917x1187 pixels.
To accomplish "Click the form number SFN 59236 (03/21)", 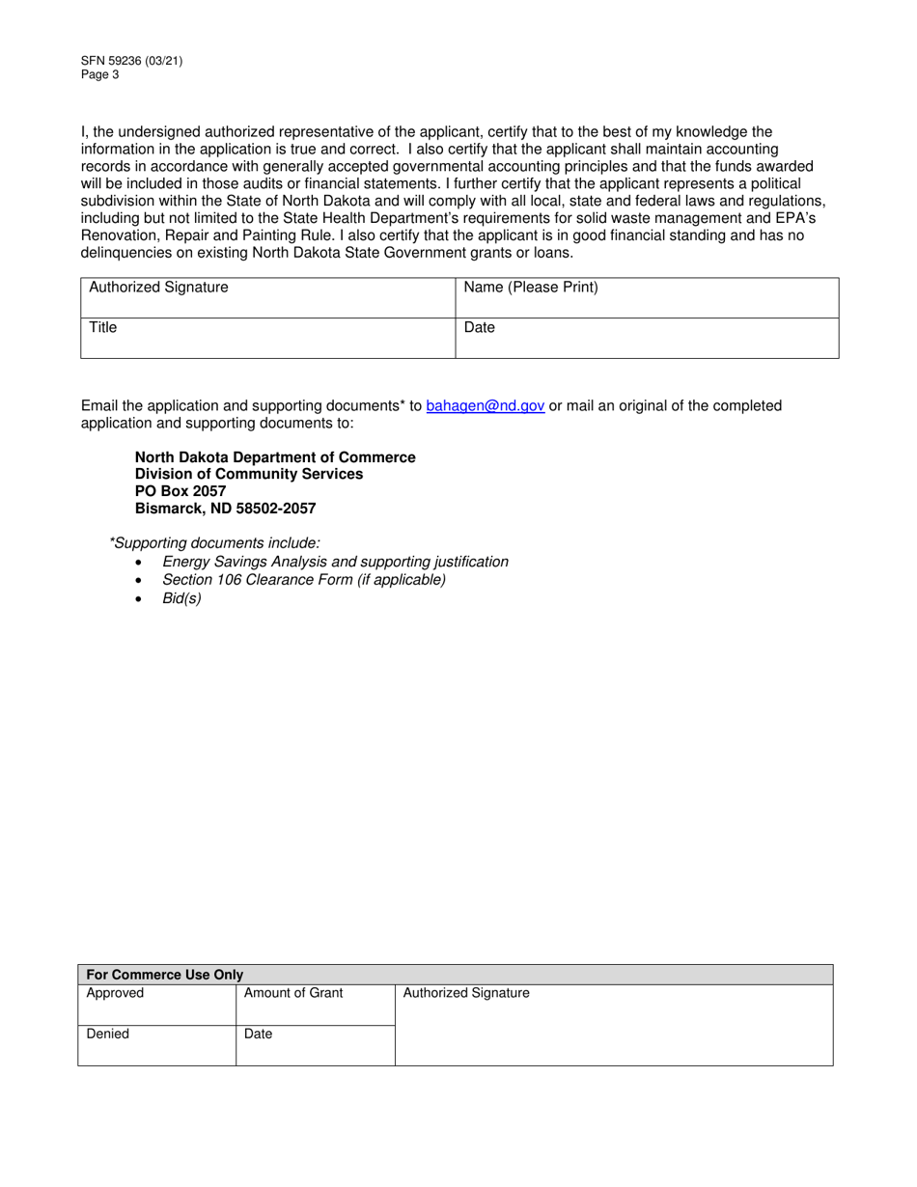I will click(x=131, y=61).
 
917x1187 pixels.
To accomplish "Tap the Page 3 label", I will click(x=100, y=74).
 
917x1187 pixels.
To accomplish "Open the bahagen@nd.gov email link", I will click(x=485, y=406).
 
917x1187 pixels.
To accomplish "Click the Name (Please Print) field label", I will click(x=531, y=288).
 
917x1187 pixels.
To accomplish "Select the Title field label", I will click(x=103, y=328).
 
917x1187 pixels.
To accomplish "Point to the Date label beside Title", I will click(x=480, y=328).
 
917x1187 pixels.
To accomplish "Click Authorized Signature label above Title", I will click(x=158, y=288).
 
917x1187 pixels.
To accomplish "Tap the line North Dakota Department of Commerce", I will click(x=275, y=457).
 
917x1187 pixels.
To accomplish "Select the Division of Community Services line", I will click(x=249, y=474).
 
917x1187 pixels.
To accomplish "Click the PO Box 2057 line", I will click(x=181, y=491).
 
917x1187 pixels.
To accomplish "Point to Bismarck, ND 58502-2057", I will click(x=225, y=509).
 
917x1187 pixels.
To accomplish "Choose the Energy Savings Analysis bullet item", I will click(x=335, y=562).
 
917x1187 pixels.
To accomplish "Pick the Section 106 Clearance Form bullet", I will click(x=304, y=580).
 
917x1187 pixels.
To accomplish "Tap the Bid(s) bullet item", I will click(x=181, y=598).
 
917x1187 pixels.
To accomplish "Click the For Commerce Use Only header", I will click(x=165, y=975).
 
